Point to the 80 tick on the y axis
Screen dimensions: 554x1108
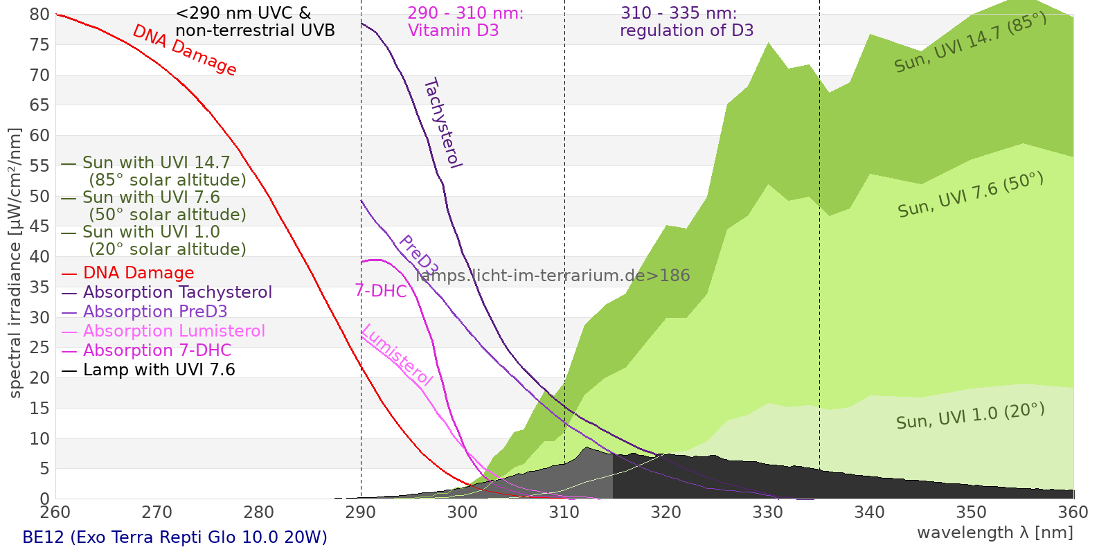coord(40,15)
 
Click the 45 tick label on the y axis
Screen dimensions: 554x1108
coord(40,226)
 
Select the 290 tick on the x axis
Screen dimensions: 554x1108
coord(360,512)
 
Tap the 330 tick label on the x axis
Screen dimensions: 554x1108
coord(767,512)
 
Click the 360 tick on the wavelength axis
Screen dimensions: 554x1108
coord(1073,512)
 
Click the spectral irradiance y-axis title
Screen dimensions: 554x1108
coord(15,263)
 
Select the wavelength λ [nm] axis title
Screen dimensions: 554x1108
coord(994,533)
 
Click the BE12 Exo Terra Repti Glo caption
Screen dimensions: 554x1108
coord(175,537)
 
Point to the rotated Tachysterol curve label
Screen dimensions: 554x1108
coord(442,123)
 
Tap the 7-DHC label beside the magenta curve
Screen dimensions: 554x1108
coord(381,291)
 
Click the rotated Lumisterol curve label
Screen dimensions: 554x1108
coord(397,355)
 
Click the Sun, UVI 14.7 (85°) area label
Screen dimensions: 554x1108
coord(970,42)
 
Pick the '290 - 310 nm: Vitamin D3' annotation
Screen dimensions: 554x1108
coord(465,22)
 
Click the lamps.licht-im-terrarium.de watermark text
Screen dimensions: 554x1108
coord(553,276)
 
